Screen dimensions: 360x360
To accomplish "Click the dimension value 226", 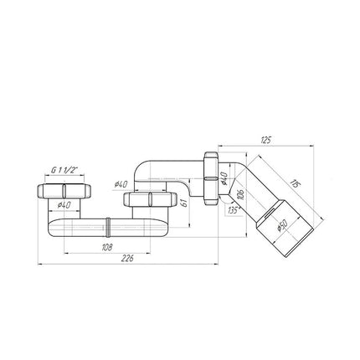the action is pyautogui.click(x=127, y=259).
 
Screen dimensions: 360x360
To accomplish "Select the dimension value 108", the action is pyautogui.click(x=107, y=247).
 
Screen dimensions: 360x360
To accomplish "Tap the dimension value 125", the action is pyautogui.click(x=265, y=140).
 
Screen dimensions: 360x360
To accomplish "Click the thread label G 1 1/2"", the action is pyautogui.click(x=64, y=170).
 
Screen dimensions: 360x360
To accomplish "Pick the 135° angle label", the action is pyautogui.click(x=234, y=210).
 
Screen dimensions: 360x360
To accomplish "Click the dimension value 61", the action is pyautogui.click(x=184, y=203).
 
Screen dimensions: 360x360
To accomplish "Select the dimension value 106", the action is pyautogui.click(x=242, y=194).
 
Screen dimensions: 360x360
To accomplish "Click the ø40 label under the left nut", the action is pyautogui.click(x=64, y=205).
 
